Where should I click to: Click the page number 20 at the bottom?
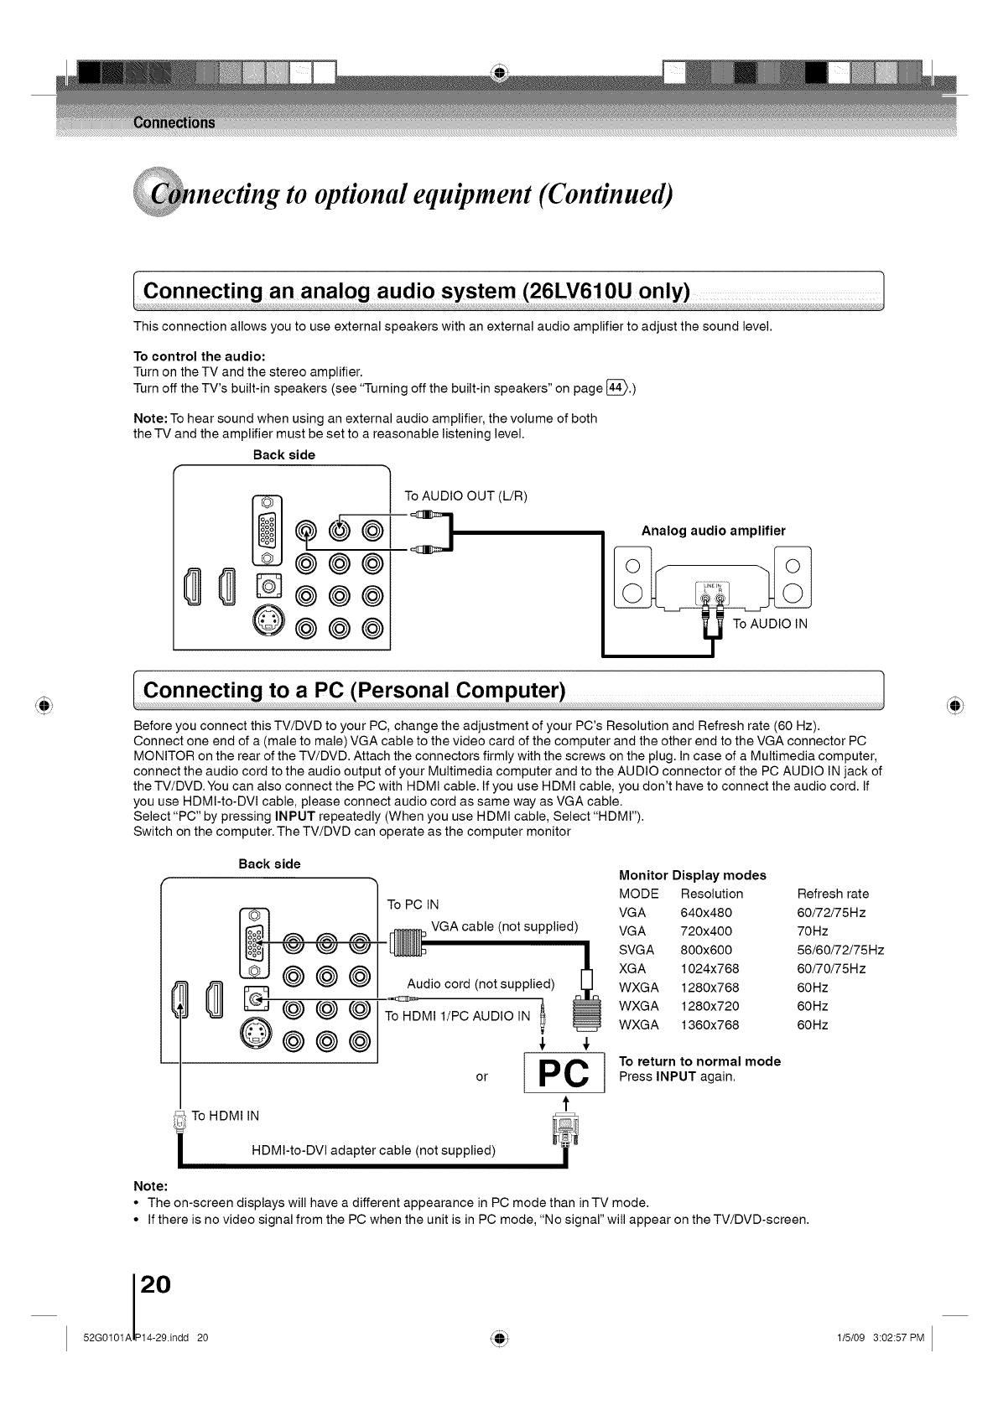pyautogui.click(x=155, y=1284)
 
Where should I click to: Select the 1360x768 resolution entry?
pyautogui.click(x=710, y=1024)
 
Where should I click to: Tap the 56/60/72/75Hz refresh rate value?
pyautogui.click(x=840, y=950)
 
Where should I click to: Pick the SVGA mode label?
pyautogui.click(x=636, y=950)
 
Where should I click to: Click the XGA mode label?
pyautogui.click(x=632, y=968)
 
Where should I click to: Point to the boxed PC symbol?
pyautogui.click(x=564, y=1073)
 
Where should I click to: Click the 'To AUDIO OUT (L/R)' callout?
pyautogui.click(x=465, y=495)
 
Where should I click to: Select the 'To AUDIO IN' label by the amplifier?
pyautogui.click(x=770, y=624)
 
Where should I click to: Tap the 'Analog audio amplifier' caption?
pyautogui.click(x=713, y=531)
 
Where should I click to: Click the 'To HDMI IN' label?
pyautogui.click(x=226, y=1115)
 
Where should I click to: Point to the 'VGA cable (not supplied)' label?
pyautogui.click(x=504, y=926)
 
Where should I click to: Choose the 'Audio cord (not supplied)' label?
pyautogui.click(x=481, y=983)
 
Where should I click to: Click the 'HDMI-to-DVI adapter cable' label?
pyautogui.click(x=373, y=1150)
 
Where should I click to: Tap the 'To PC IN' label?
pyautogui.click(x=413, y=904)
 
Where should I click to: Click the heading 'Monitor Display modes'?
pyautogui.click(x=692, y=875)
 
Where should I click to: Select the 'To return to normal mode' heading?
pyautogui.click(x=699, y=1061)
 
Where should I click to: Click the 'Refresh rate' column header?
pyautogui.click(x=833, y=894)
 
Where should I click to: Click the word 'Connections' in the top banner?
pyautogui.click(x=174, y=123)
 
